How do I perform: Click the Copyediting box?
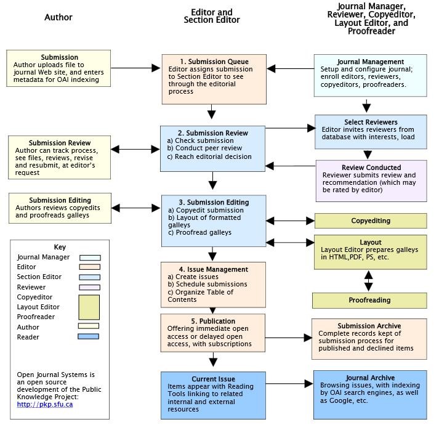[x=370, y=221]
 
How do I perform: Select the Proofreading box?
[x=369, y=300]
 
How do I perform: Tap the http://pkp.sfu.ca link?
[x=45, y=405]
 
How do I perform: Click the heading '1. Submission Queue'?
[x=214, y=62]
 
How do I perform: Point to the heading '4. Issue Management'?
[x=213, y=269]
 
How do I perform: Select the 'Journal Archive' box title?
[x=369, y=378]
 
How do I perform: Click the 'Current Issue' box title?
[x=214, y=379]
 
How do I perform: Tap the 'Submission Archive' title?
[x=369, y=326]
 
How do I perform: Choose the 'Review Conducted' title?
[x=371, y=167]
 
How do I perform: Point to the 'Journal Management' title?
[x=370, y=62]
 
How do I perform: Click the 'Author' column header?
[x=58, y=17]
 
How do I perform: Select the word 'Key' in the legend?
[x=60, y=247]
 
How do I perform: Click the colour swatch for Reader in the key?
[x=89, y=337]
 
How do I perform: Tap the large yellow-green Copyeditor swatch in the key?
[x=89, y=307]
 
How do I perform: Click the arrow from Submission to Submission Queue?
[x=136, y=68]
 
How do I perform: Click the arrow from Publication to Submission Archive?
[x=289, y=338]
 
